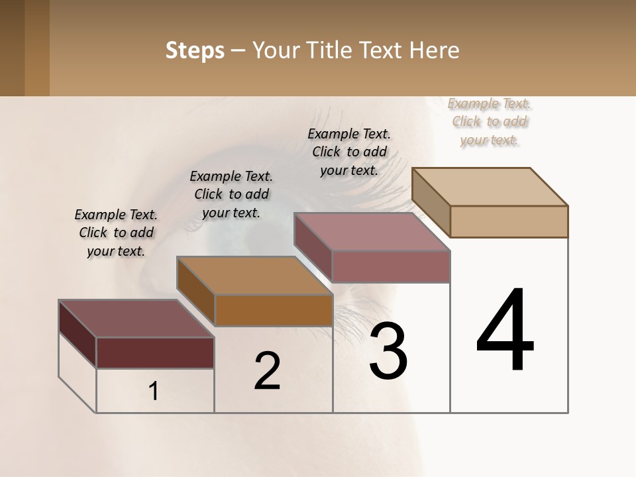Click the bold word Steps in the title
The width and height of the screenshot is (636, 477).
pos(195,50)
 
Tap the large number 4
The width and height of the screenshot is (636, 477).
pos(505,331)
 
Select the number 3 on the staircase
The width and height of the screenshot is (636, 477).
pos(388,351)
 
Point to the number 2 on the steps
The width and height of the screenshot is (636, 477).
pos(267,371)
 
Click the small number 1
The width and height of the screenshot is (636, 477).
pos(154,392)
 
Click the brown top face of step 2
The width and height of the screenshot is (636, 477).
pos(254,276)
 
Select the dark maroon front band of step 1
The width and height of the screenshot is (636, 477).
pos(155,352)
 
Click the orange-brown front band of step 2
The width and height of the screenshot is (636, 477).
pos(274,310)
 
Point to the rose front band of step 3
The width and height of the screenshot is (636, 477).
pos(391,266)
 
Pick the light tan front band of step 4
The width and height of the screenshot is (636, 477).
pos(509,221)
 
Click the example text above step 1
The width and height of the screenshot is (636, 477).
pos(116,233)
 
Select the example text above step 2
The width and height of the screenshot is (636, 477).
pos(231,194)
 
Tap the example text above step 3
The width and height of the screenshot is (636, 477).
pos(349,152)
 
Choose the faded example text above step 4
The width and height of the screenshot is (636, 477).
pos(490,121)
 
